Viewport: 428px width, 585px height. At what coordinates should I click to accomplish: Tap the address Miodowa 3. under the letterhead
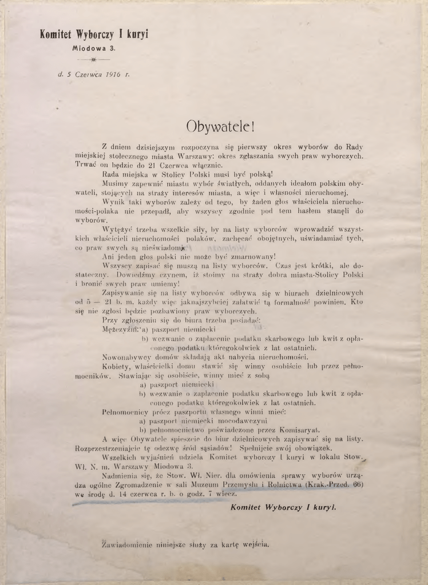[x=94, y=48]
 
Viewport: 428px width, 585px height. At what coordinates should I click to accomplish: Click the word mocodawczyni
[x=228, y=420]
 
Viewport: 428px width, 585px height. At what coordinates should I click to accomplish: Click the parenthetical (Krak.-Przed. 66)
[x=332, y=484]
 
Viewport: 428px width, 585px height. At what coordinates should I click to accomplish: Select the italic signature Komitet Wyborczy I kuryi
[x=283, y=507]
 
